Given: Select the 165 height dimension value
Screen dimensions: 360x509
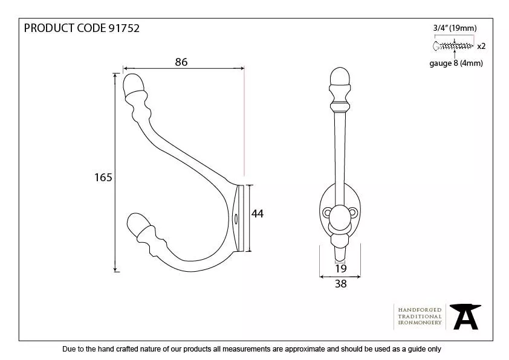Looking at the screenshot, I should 103,177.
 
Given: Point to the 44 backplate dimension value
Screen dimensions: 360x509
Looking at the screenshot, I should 258,213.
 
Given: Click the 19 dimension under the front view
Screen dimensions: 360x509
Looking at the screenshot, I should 340,268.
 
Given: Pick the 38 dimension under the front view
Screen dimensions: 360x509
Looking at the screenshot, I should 340,284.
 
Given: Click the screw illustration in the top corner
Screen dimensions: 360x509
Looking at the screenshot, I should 453,45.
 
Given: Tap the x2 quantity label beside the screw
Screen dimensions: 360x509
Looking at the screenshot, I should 481,46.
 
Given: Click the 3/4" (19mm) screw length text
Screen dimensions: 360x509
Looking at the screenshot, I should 455,28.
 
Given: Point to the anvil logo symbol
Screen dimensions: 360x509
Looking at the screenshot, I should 467,316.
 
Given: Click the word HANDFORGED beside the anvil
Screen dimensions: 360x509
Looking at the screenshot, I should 420,310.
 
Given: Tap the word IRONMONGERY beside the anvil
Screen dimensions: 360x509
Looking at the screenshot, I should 420,323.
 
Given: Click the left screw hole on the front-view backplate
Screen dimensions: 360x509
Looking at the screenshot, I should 326,213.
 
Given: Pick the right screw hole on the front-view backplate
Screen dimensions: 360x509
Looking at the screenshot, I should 354,213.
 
